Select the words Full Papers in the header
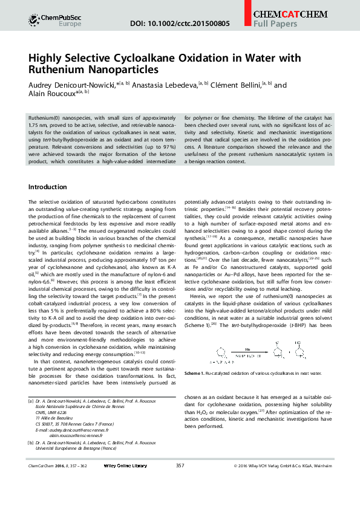point(275,24)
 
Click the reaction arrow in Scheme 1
point(247,351)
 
